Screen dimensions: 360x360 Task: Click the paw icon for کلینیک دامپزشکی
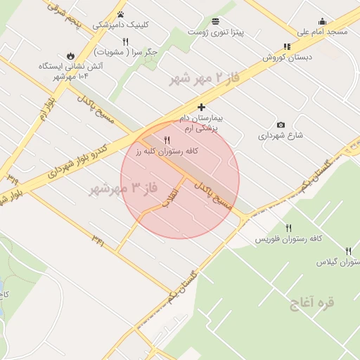coord(121,14)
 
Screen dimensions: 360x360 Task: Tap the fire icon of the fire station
coord(70,56)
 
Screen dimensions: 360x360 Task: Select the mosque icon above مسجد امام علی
coord(322,22)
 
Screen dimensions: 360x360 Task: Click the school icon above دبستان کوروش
coord(287,46)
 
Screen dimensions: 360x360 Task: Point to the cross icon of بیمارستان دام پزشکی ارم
coord(202,108)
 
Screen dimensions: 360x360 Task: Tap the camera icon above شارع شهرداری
coord(281,125)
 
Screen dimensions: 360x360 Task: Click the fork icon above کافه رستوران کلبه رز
coord(167,140)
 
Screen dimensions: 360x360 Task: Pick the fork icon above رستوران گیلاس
coord(348,251)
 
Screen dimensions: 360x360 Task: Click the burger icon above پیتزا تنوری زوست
coord(214,21)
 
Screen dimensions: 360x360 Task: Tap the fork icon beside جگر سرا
coord(125,41)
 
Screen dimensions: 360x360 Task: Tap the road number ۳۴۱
coord(98,240)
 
